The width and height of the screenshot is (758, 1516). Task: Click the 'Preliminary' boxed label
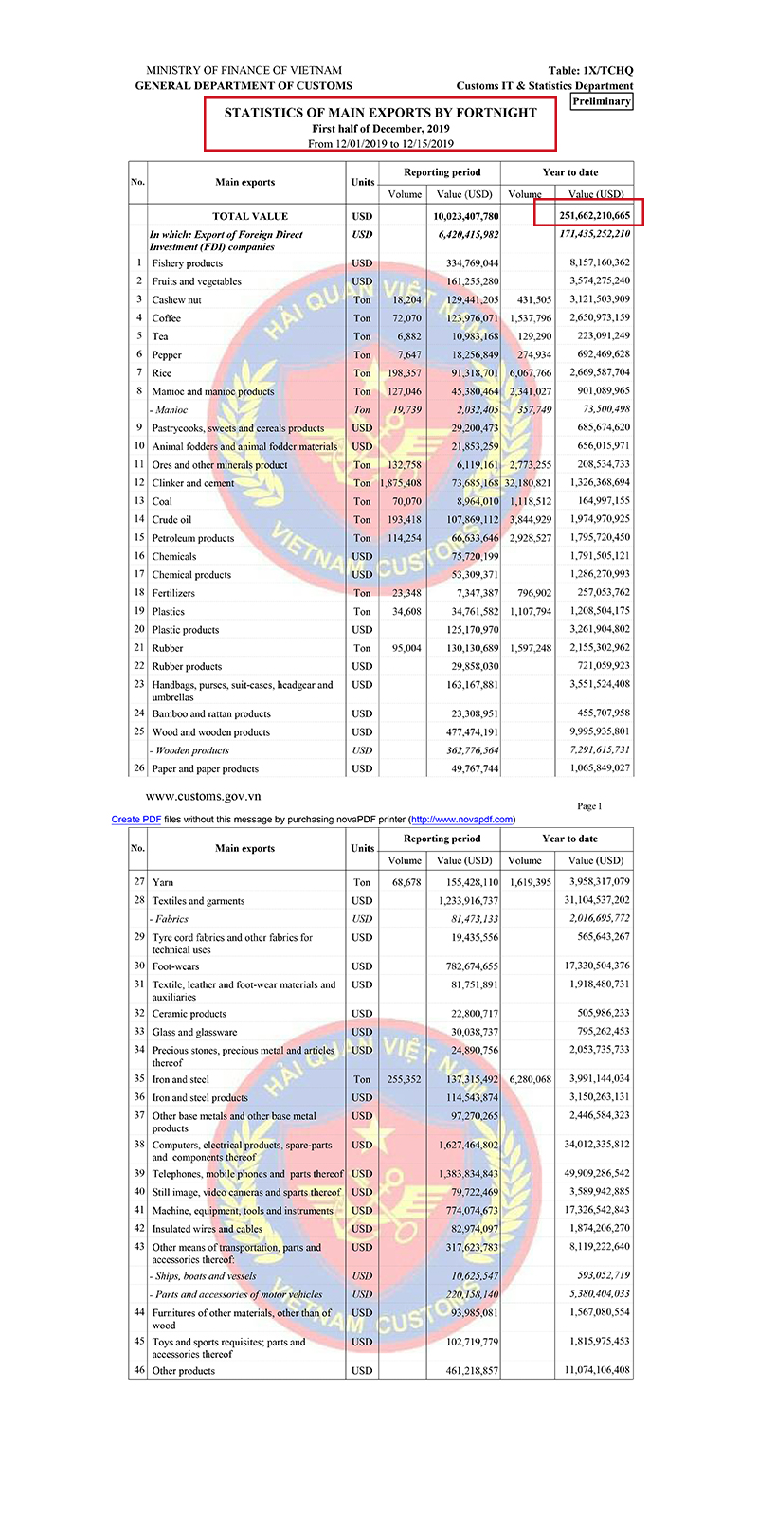tap(602, 101)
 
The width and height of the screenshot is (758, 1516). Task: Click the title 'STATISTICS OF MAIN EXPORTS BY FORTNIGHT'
tap(380, 112)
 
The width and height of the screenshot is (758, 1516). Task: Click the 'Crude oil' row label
tap(171, 519)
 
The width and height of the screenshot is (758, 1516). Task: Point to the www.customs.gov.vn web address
tap(204, 797)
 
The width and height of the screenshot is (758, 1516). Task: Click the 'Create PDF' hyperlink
tap(135, 820)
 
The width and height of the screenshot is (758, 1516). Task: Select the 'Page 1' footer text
tap(588, 806)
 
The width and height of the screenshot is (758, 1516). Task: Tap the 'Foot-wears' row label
tap(176, 966)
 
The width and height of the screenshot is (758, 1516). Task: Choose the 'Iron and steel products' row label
tap(200, 1098)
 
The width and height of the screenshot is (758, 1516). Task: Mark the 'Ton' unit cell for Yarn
tap(362, 882)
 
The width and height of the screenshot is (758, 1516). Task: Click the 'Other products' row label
tap(184, 1371)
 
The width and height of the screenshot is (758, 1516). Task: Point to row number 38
tap(138, 1145)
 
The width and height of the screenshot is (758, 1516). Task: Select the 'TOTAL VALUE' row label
tap(250, 216)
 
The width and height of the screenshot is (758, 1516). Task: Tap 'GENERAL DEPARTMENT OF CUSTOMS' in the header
tap(244, 86)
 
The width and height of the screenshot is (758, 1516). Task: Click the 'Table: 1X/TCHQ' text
tap(590, 71)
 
